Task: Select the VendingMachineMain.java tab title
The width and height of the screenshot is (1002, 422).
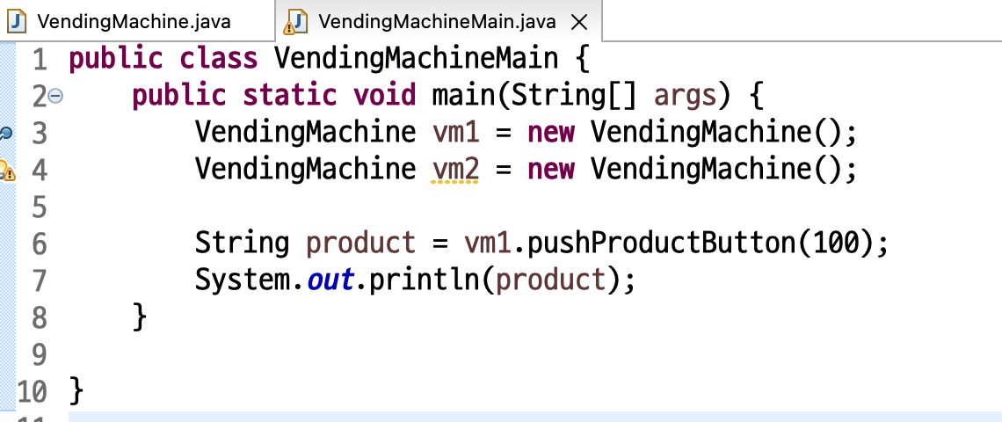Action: coord(438,21)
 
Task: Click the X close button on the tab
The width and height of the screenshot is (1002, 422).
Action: coord(578,21)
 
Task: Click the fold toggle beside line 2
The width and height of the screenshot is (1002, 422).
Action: coord(55,96)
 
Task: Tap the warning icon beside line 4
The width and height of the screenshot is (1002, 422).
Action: coord(7,170)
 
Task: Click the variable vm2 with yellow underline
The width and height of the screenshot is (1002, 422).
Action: coord(455,167)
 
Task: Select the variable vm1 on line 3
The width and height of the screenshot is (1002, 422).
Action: coord(455,132)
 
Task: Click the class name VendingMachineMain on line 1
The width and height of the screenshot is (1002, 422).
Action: coord(416,59)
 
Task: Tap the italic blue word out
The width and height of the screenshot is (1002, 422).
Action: coord(330,280)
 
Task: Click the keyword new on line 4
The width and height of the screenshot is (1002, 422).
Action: coord(550,167)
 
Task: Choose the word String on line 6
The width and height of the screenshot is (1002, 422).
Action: coord(242,242)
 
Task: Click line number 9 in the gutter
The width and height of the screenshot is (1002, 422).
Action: coord(38,353)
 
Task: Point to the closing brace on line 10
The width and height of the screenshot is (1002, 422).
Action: coord(76,389)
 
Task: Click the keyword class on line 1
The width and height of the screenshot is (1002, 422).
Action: coord(218,59)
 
